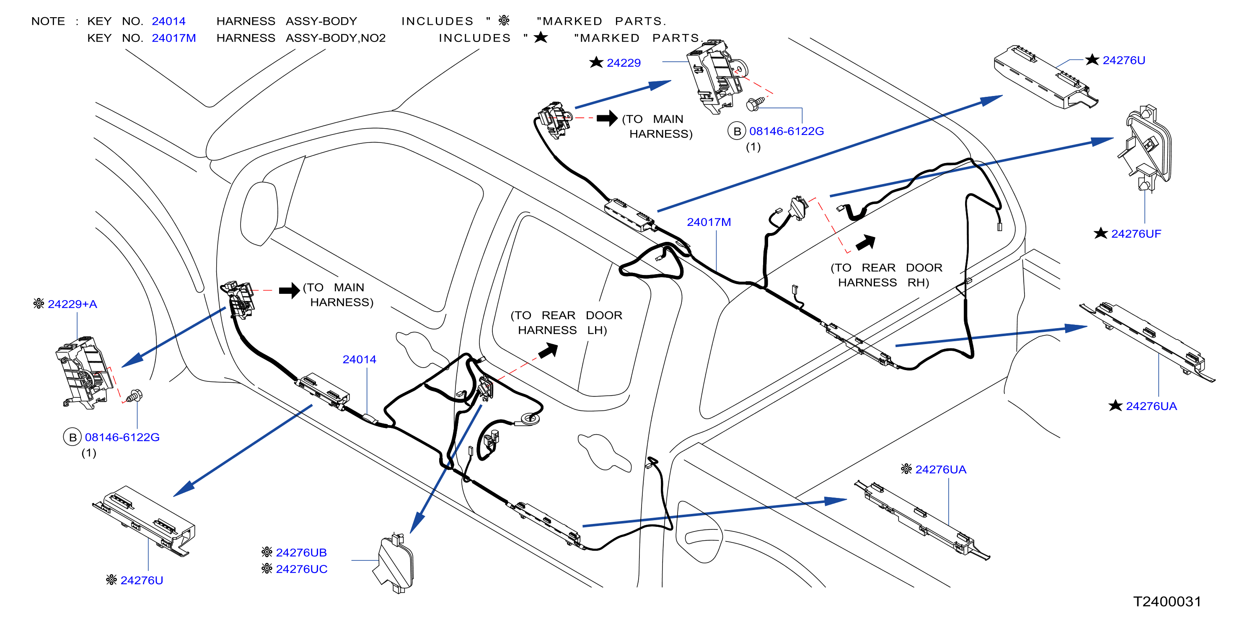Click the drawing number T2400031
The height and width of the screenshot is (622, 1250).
click(1167, 601)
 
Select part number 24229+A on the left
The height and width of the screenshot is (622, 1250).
click(72, 304)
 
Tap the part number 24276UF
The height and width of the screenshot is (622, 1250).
click(1136, 234)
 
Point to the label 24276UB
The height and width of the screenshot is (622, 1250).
click(301, 552)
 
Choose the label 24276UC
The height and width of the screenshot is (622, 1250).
click(302, 569)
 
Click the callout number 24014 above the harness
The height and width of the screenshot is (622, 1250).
click(360, 360)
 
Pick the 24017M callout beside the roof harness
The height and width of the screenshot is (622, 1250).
click(709, 222)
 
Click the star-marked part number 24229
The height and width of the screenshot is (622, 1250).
click(624, 63)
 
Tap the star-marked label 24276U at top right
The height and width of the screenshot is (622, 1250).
click(1124, 60)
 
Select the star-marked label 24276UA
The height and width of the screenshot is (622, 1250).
click(1152, 407)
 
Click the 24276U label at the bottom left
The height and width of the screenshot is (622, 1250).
click(142, 580)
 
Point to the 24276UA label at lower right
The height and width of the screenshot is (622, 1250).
click(941, 470)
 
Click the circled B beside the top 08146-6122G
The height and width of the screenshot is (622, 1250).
click(737, 131)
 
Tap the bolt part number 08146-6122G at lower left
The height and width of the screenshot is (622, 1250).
click(122, 437)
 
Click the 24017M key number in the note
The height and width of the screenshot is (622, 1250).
click(174, 38)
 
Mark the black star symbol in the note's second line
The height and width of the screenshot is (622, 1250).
click(541, 37)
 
